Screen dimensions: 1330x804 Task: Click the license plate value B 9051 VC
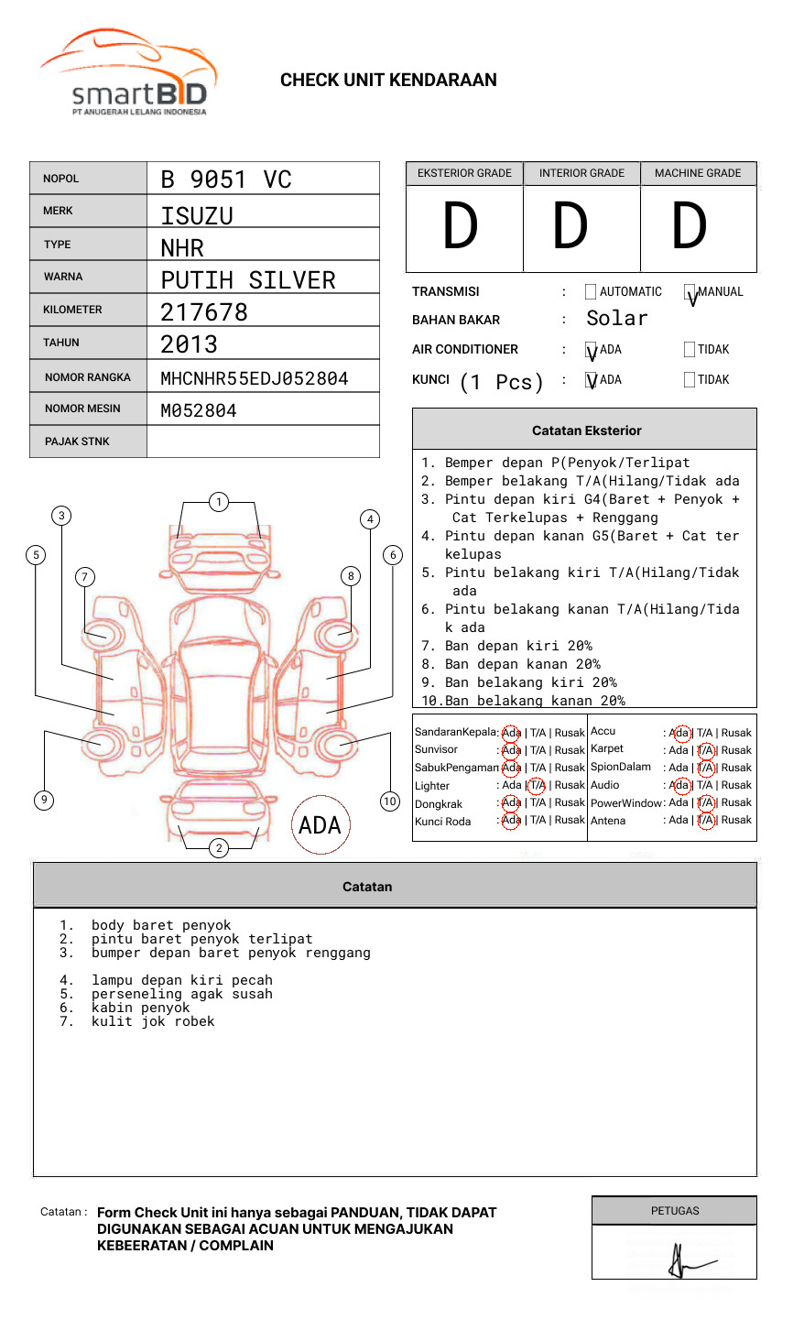coord(226,180)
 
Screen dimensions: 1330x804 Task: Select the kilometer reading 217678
coord(204,312)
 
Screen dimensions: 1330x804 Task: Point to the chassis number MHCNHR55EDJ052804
coord(255,378)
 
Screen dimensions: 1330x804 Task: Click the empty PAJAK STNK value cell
coord(263,442)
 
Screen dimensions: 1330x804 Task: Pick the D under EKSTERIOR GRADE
coord(461,227)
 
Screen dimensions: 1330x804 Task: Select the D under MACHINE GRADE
coord(690,227)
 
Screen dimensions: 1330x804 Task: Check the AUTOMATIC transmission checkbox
coord(591,292)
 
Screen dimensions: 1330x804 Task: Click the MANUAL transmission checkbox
coord(690,292)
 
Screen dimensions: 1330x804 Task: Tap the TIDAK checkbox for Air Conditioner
coord(690,349)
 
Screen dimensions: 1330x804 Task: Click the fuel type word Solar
coord(616,319)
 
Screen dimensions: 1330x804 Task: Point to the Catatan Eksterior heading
coord(586,431)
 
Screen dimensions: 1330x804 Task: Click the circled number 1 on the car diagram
coord(218,502)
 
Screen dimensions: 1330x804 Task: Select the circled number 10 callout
coord(390,801)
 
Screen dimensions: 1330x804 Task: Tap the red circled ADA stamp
coord(320,825)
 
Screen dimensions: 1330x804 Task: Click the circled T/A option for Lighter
coord(537,785)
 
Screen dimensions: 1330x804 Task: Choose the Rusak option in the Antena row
coord(736,820)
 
